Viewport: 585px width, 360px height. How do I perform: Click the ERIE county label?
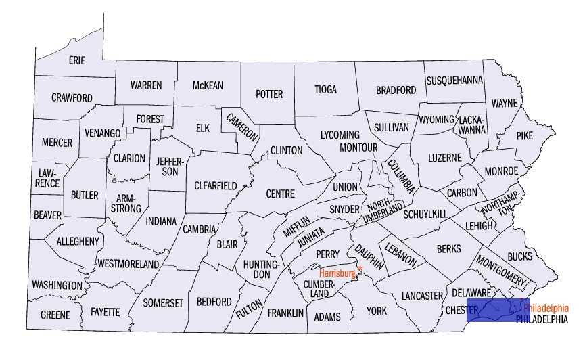77,60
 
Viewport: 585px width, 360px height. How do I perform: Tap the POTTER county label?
269,95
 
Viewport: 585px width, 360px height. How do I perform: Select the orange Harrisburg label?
337,274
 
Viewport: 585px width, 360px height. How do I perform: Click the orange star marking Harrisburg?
360,269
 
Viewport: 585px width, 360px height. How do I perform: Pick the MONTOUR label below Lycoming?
358,147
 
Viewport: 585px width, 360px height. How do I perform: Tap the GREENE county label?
55,315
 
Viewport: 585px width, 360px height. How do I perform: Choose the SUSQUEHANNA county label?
455,81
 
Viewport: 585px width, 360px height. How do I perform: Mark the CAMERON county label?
242,126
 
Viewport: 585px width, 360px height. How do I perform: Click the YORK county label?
376,311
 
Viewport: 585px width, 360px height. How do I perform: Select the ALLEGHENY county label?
78,241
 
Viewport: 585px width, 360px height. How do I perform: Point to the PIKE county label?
524,135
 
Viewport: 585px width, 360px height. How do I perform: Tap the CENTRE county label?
280,194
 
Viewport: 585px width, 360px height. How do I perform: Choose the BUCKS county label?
519,256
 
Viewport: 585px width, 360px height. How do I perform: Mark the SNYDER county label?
344,209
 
